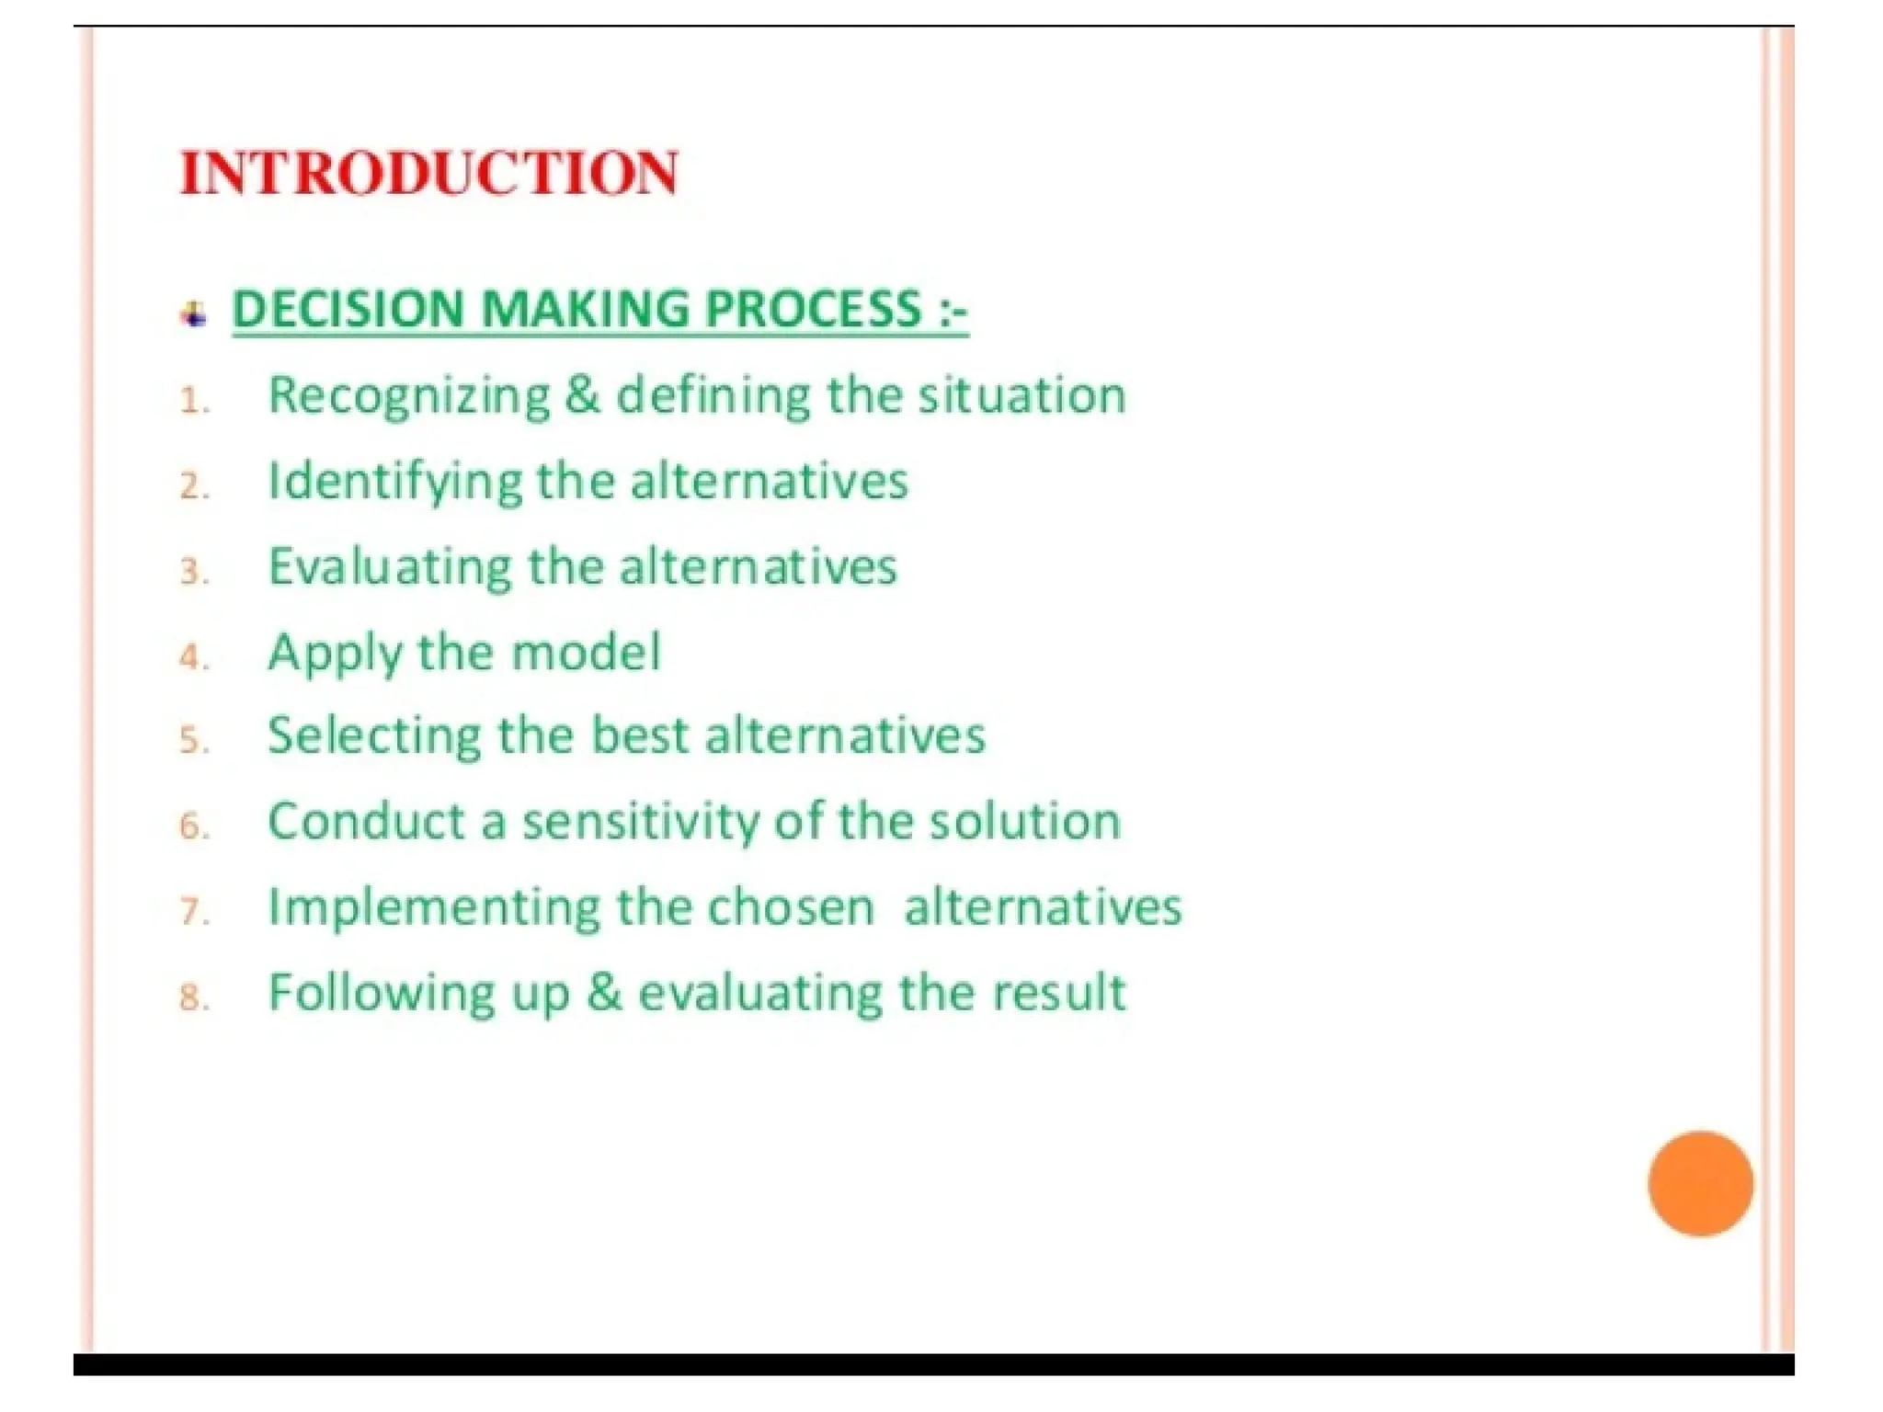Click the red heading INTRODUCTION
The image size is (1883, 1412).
pyautogui.click(x=429, y=173)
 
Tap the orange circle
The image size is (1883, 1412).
pyautogui.click(x=1699, y=1183)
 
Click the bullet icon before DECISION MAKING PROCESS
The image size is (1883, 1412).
pyautogui.click(x=193, y=314)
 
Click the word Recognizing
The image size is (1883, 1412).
pyautogui.click(x=408, y=397)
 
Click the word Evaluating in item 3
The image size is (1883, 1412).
pyautogui.click(x=389, y=566)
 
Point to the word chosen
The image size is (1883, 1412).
pyautogui.click(x=790, y=908)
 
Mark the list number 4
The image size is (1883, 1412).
pyautogui.click(x=193, y=657)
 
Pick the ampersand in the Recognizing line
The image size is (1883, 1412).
pyautogui.click(x=583, y=395)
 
